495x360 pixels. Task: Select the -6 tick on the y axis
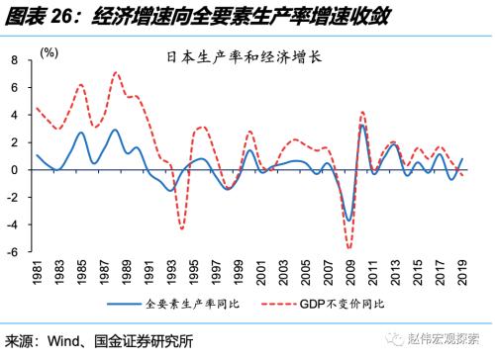coord(14,252)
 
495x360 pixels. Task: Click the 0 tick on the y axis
coord(16,170)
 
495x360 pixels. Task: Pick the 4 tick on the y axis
coord(16,115)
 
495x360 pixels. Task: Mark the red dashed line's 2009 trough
coord(349,248)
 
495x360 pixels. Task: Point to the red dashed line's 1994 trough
coord(182,229)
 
